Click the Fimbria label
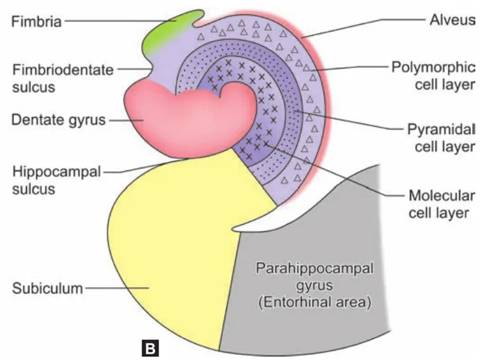(37, 21)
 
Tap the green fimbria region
(169, 35)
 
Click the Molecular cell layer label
(438, 202)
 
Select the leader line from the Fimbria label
(106, 21)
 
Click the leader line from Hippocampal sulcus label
(141, 167)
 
